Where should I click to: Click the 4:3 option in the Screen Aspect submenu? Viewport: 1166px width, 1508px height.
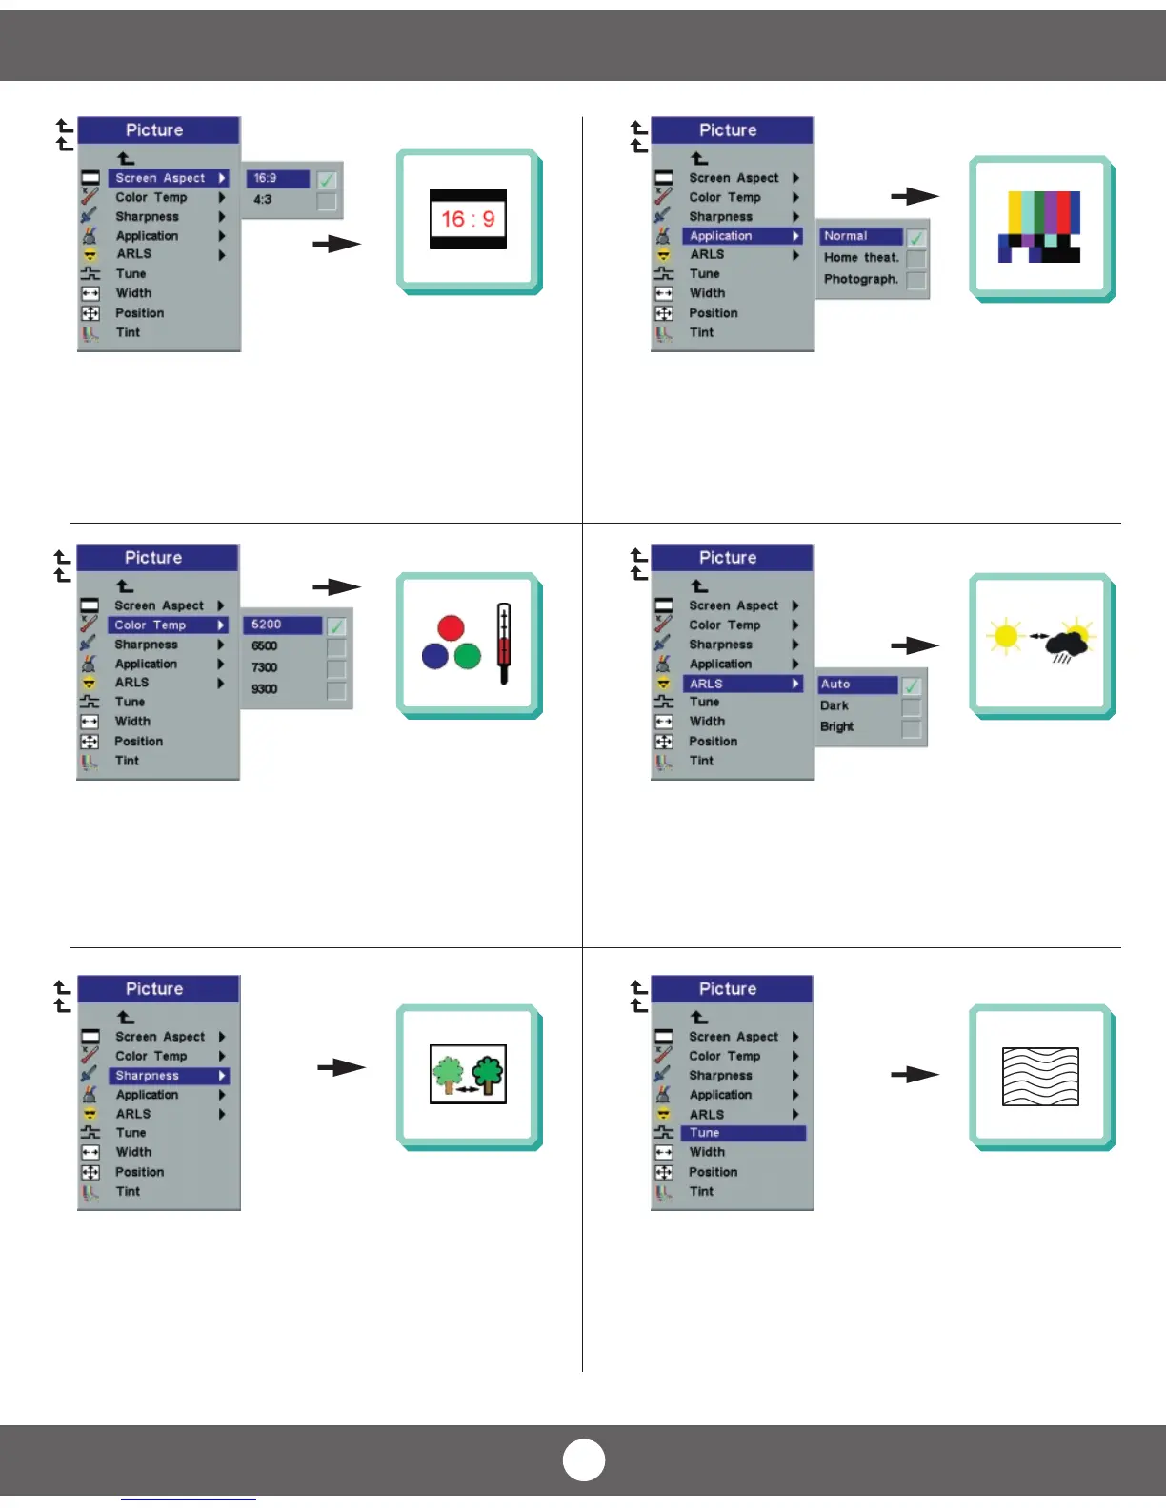263,200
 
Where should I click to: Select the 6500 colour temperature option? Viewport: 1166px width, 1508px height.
265,646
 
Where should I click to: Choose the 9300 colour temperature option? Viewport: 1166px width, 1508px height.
265,689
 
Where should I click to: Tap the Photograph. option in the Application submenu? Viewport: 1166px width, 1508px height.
860,279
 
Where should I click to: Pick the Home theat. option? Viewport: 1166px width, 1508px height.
860,258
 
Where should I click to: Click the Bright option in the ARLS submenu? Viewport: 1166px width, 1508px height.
837,727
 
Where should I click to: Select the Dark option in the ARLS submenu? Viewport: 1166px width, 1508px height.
834,705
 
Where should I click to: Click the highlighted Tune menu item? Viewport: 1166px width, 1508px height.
743,1133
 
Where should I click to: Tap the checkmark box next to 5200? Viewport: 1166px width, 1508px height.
336,626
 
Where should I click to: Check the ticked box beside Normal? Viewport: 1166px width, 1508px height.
916,238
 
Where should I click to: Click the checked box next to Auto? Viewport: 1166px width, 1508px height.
912,685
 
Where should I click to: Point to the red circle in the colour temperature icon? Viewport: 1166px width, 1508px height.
451,628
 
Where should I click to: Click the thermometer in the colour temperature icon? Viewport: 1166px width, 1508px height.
504,644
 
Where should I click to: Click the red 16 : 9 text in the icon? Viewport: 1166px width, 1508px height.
468,220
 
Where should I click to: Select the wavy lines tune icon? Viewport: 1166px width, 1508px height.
1040,1077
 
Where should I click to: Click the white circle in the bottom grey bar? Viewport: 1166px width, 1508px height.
584,1460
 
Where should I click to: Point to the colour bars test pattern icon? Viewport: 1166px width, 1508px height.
1039,227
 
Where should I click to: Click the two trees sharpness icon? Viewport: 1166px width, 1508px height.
468,1074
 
